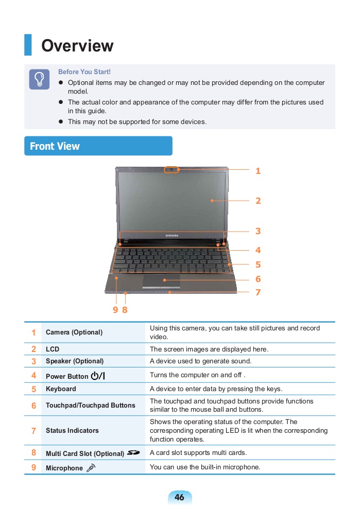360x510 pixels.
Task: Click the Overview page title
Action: (x=77, y=46)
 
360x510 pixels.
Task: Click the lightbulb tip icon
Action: (x=39, y=79)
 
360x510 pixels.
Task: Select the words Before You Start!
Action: (x=84, y=72)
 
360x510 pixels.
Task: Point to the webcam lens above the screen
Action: (x=172, y=169)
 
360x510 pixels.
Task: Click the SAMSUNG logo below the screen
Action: (x=172, y=236)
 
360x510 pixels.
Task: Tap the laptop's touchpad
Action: (x=162, y=280)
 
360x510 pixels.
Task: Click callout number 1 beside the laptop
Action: (x=258, y=171)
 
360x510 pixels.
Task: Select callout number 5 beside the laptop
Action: (x=258, y=265)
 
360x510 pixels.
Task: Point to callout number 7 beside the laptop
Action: (x=258, y=292)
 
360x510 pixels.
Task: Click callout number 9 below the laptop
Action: (x=115, y=310)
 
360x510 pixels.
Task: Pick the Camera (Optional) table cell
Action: (x=74, y=332)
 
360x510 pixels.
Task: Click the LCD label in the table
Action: (x=53, y=349)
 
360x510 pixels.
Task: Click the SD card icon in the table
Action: (x=133, y=453)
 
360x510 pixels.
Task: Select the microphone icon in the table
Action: (x=91, y=468)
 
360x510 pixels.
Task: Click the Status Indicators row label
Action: (x=72, y=430)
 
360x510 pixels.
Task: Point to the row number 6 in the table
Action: (x=33, y=406)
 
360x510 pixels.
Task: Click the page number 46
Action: (x=179, y=497)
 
